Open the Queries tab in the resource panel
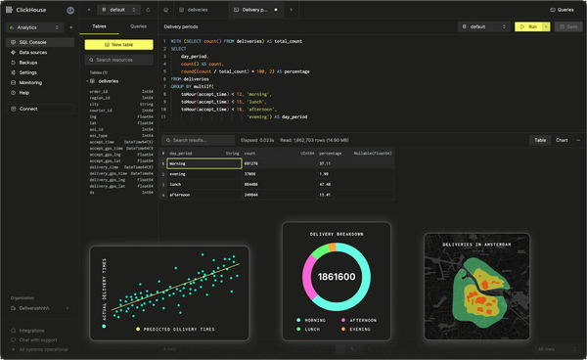pyautogui.click(x=138, y=27)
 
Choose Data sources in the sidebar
pyautogui.click(x=33, y=53)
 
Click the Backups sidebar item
pyautogui.click(x=29, y=63)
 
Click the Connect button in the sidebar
pyautogui.click(x=28, y=109)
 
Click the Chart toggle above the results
pyautogui.click(x=562, y=140)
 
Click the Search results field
pyautogui.click(x=200, y=140)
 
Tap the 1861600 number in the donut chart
pyautogui.click(x=336, y=278)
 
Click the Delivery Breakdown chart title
pyautogui.click(x=336, y=235)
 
